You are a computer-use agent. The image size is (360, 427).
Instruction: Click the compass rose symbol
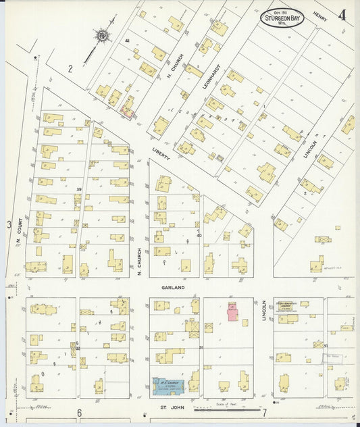(x=103, y=34)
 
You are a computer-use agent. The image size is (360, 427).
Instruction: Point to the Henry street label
(x=320, y=16)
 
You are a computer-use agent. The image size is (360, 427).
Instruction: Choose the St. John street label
(x=168, y=407)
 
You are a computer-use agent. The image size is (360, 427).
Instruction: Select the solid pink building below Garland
(x=232, y=311)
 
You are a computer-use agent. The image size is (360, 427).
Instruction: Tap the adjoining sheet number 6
(x=78, y=413)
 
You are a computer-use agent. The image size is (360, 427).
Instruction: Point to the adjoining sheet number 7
(x=265, y=412)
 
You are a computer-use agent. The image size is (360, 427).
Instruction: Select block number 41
(x=126, y=42)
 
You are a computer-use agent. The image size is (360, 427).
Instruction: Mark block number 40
(x=199, y=234)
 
